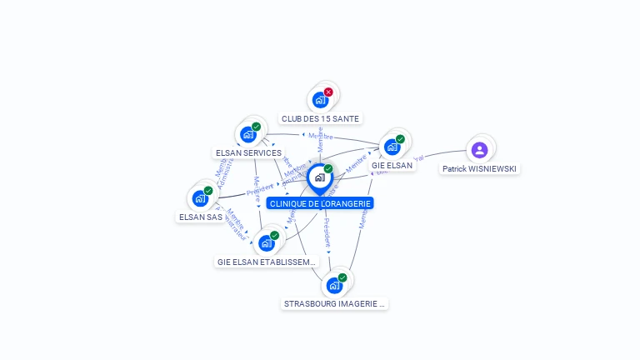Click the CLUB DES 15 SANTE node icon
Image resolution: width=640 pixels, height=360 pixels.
tap(321, 100)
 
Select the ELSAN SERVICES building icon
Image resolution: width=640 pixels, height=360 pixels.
tap(248, 134)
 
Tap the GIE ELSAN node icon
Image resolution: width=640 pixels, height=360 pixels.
tap(392, 147)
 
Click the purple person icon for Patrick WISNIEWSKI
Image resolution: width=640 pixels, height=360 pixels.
tap(479, 150)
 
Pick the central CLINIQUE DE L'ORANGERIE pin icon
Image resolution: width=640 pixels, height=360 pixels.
tap(320, 177)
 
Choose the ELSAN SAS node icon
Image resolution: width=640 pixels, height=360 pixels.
tap(200, 198)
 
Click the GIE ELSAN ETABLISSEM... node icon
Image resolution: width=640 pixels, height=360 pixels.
tap(267, 243)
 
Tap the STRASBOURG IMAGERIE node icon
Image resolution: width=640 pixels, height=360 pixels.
tap(334, 286)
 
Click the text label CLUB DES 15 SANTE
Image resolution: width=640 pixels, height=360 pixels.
tap(321, 119)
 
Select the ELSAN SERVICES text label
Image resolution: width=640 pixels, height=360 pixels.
tap(248, 153)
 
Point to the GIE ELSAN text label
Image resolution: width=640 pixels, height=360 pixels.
tap(392, 166)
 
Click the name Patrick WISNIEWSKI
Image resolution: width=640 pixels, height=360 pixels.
tap(479, 169)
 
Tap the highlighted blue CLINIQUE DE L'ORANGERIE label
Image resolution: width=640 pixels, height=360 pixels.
tap(321, 203)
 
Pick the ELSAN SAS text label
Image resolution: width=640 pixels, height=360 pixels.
tap(200, 217)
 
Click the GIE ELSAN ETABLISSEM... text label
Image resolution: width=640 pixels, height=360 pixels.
tap(267, 262)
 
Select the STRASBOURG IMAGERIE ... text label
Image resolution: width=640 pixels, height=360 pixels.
tap(334, 304)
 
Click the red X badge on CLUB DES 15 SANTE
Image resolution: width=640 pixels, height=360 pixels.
tap(328, 92)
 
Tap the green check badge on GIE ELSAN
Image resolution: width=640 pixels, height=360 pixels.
tap(400, 139)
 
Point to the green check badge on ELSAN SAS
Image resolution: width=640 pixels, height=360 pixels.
tap(208, 190)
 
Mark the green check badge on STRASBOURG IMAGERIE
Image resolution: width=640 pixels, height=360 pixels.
tap(342, 277)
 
